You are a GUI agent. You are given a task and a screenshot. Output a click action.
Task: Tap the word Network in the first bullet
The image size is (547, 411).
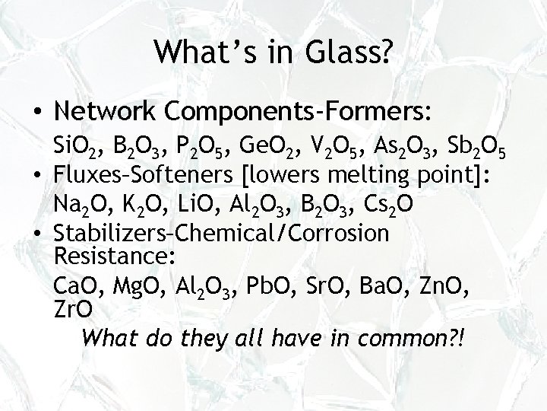[109, 112]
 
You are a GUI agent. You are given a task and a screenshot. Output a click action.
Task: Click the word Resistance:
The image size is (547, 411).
[115, 256]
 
